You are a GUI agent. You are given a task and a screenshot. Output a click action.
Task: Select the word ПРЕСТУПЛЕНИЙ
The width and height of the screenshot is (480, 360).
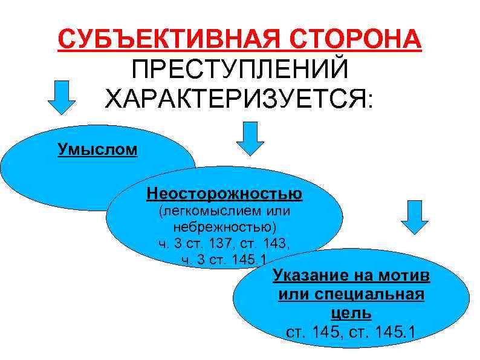pos(240,68)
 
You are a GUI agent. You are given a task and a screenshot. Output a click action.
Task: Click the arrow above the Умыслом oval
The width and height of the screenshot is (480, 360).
pos(61,97)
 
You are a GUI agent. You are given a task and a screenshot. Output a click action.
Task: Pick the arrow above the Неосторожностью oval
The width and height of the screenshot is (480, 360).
pos(250,138)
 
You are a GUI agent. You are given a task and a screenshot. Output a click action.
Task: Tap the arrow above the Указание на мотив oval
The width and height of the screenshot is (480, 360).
pos(414,217)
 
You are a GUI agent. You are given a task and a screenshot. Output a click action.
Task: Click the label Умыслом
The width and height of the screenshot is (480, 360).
pos(97,149)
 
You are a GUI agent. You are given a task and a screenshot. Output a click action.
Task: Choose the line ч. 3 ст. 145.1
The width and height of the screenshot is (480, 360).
pos(224,260)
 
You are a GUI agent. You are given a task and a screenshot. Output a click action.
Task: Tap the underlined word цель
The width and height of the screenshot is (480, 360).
pos(351,313)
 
